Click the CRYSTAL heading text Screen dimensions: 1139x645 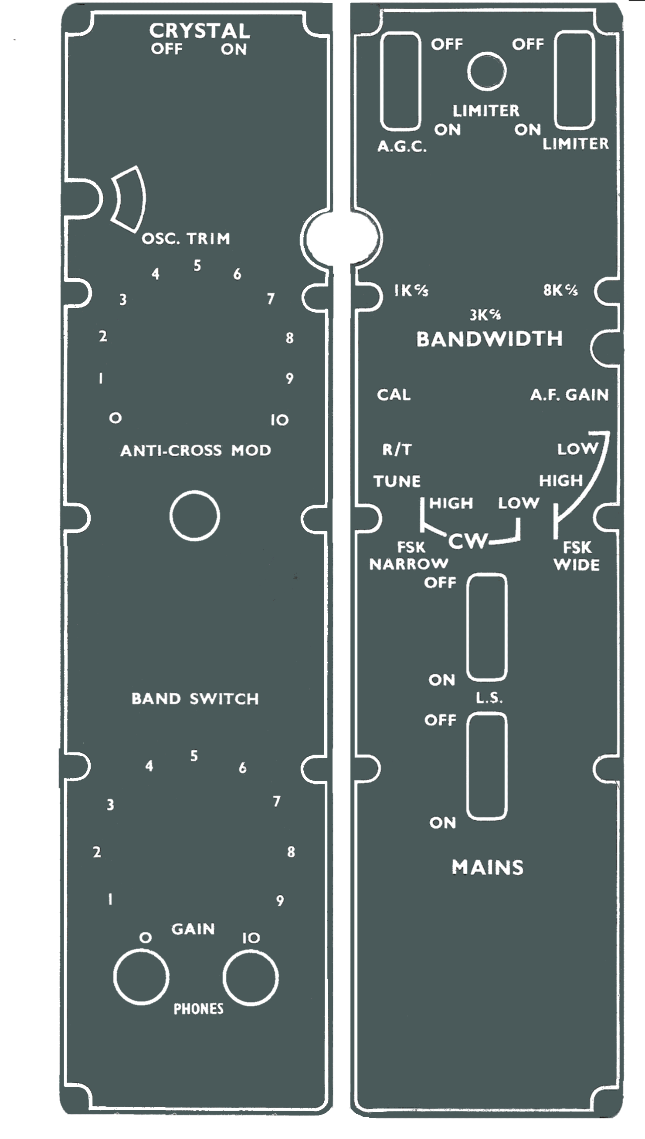199,31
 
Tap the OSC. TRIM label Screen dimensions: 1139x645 186,239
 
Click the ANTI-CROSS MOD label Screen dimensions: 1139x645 195,451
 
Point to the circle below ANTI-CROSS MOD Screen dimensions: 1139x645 194,516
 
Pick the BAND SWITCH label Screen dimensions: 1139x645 195,699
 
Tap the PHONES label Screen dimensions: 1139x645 198,1009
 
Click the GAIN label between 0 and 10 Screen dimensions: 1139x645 193,929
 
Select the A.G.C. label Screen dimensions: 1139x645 402,146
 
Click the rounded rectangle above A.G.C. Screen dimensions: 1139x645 401,81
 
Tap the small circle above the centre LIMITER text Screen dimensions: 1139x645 486,71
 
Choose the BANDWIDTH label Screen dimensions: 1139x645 489,339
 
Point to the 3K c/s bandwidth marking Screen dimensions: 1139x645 485,315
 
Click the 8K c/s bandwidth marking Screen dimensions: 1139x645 560,290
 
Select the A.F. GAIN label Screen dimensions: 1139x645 569,395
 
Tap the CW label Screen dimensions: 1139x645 468,541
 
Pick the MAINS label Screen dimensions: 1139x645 487,867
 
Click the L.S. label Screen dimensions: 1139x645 489,698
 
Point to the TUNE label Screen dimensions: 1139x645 397,481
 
